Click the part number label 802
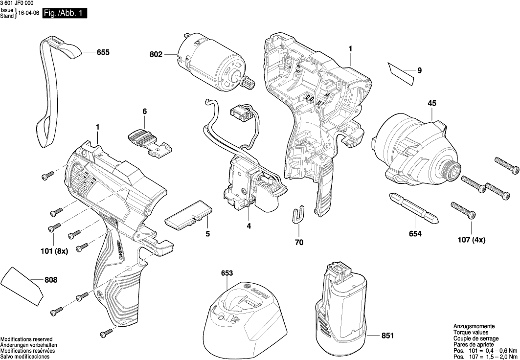point(156,55)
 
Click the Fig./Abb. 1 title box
point(65,14)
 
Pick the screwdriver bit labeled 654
point(413,207)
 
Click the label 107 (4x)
point(472,240)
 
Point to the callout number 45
point(432,103)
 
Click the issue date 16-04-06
point(29,14)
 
